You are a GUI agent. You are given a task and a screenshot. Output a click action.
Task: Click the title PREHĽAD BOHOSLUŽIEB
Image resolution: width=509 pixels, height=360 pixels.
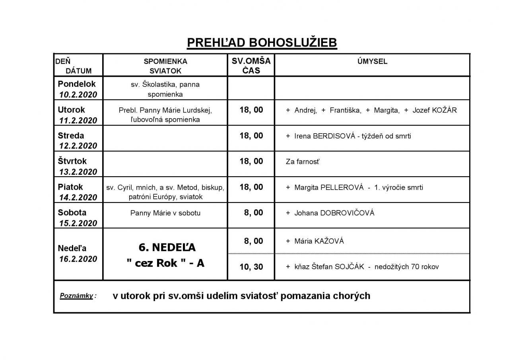click(x=262, y=43)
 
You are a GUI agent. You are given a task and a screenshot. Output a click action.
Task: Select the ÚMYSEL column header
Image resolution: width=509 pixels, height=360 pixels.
click(x=372, y=61)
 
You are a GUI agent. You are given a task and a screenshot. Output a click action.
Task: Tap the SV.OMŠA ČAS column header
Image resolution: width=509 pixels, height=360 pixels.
click(x=251, y=65)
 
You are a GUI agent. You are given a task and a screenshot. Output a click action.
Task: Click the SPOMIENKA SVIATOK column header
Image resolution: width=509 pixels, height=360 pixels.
click(x=165, y=66)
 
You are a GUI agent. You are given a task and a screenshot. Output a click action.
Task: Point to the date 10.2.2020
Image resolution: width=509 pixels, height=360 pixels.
click(x=78, y=95)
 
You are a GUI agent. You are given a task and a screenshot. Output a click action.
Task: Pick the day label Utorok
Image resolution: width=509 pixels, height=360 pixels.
click(x=72, y=110)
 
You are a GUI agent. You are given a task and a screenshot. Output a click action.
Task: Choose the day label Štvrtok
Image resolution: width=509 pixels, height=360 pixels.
click(x=72, y=162)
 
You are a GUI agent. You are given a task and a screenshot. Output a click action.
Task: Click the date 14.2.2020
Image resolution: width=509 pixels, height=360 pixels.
click(x=78, y=198)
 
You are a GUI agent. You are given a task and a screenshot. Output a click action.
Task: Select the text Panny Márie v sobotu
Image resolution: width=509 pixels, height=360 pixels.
click(x=165, y=213)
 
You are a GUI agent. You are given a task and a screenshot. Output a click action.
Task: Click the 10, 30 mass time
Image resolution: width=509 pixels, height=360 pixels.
click(x=251, y=267)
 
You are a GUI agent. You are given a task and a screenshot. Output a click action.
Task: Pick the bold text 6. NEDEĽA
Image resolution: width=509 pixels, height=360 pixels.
click(x=167, y=247)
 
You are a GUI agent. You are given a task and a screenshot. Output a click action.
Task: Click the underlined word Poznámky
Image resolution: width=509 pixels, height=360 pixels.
click(x=76, y=296)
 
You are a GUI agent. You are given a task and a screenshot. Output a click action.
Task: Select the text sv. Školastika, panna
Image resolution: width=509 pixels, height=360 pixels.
click(x=165, y=84)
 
